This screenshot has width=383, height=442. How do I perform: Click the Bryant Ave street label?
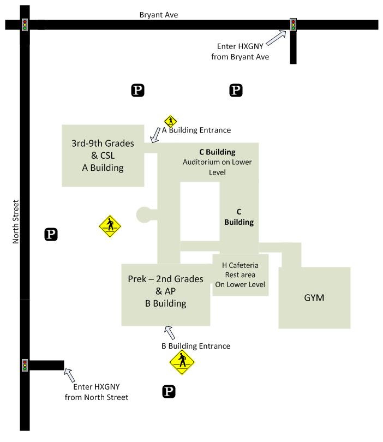158,15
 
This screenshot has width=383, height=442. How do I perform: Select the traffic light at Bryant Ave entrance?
293,25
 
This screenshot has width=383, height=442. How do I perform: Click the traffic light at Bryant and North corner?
25,25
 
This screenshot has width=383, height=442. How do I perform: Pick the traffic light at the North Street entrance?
25,365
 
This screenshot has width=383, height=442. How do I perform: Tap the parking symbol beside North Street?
51,235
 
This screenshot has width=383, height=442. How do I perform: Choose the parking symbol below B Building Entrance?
169,391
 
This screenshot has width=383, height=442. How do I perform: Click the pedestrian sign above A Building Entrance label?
171,121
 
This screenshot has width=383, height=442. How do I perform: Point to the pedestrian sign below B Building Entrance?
182,361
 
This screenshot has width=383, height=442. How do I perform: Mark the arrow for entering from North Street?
70,375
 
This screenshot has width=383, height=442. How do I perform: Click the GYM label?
314,298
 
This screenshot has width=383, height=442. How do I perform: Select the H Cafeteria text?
240,265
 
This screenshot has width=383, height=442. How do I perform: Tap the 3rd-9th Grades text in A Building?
103,144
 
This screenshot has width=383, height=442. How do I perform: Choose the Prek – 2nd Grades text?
165,279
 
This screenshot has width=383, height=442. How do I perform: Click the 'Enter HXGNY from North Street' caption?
97,392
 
